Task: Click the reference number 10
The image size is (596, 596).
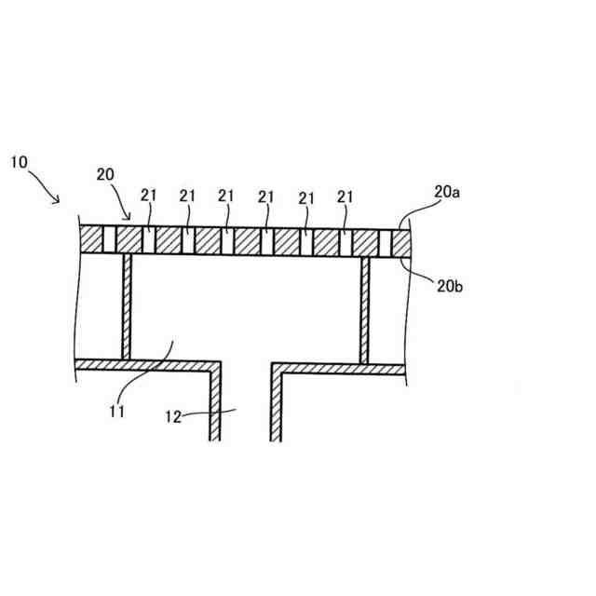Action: (20, 161)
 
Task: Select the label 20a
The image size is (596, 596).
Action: (446, 192)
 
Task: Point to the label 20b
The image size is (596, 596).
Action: (449, 286)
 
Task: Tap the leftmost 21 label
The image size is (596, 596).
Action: (149, 196)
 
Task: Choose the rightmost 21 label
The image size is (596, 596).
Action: (345, 196)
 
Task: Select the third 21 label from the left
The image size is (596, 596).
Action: (226, 196)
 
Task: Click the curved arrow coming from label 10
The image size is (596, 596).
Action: (45, 184)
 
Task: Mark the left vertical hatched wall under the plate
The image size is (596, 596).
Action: (127, 307)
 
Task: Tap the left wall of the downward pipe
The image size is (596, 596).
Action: (215, 400)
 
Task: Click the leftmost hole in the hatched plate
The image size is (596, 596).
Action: (109, 240)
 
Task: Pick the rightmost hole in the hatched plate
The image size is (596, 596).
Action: (386, 240)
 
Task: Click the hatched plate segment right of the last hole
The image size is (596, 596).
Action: (400, 240)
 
